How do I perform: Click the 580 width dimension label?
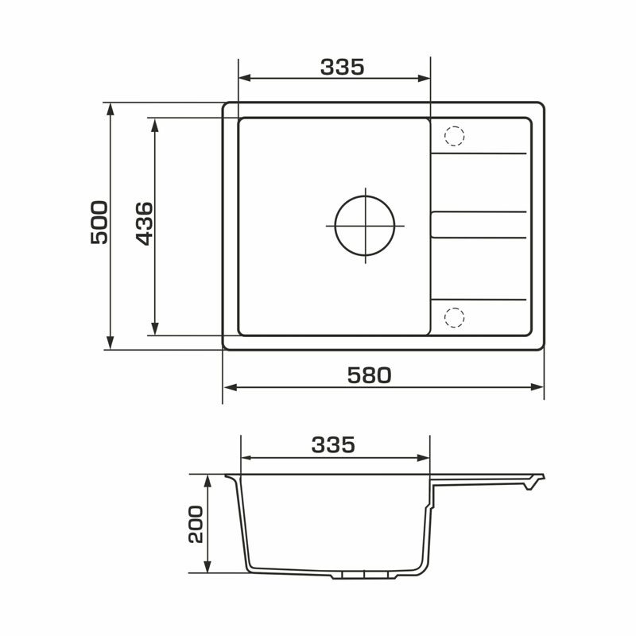pos(369,375)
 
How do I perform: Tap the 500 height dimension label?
pos(99,223)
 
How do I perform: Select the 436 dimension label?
pos(145,223)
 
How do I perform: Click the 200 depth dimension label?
pos(196,524)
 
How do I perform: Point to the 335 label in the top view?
pos(343,67)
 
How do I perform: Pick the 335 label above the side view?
pos(333,444)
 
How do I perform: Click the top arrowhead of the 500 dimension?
pos(110,109)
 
